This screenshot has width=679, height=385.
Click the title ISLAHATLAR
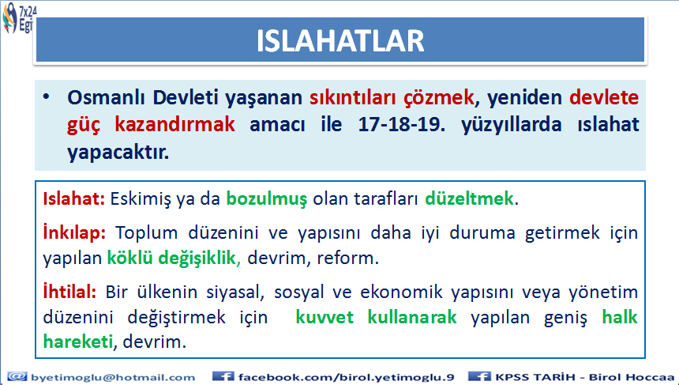[340, 41]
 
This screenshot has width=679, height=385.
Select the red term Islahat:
[73, 199]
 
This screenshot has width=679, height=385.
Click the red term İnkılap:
[74, 233]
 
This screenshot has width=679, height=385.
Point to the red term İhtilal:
[69, 292]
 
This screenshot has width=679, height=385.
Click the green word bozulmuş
[266, 199]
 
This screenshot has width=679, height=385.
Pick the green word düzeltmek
[470, 199]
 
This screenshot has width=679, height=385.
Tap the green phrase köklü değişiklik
[171, 259]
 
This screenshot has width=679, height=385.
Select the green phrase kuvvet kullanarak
[376, 317]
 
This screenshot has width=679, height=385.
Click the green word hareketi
[78, 342]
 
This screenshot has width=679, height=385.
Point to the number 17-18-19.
[401, 125]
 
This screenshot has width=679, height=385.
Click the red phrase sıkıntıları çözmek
[392, 98]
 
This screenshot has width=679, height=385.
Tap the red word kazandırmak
[175, 125]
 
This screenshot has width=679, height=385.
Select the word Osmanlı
[107, 98]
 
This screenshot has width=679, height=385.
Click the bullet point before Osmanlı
[47, 96]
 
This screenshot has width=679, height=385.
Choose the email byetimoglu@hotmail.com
[113, 377]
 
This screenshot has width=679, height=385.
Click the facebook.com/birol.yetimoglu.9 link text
[346, 377]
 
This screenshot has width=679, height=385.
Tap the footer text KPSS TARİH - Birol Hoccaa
[584, 377]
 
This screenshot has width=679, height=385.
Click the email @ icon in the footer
[17, 377]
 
